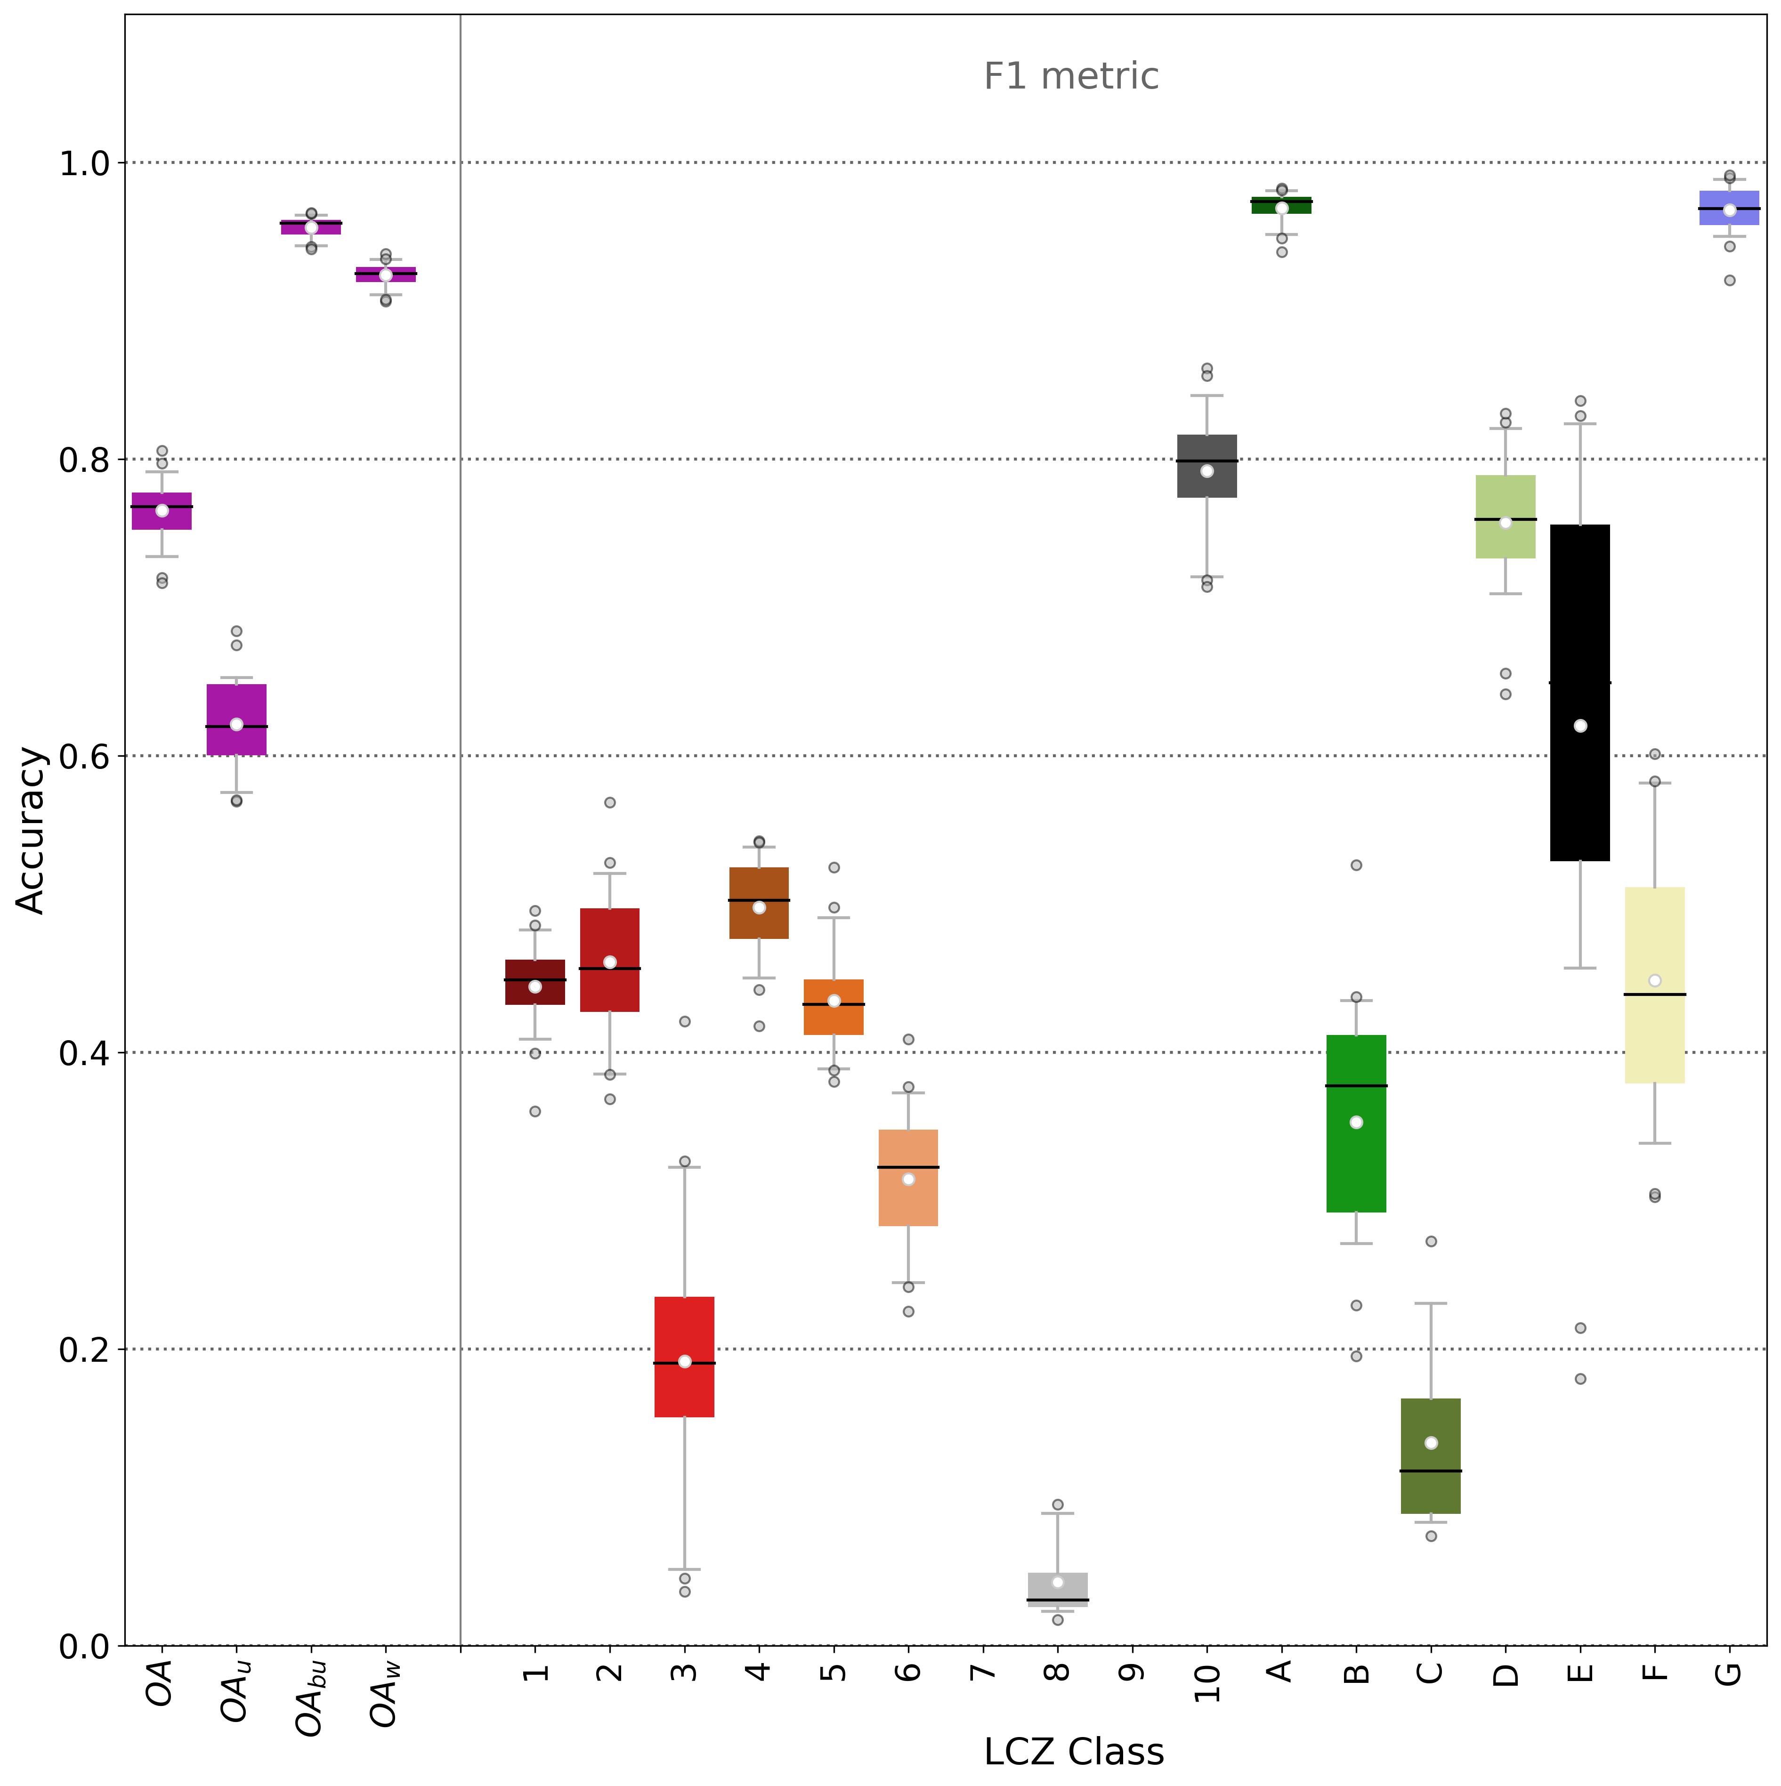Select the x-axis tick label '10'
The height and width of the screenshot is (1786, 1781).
click(x=1207, y=1682)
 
